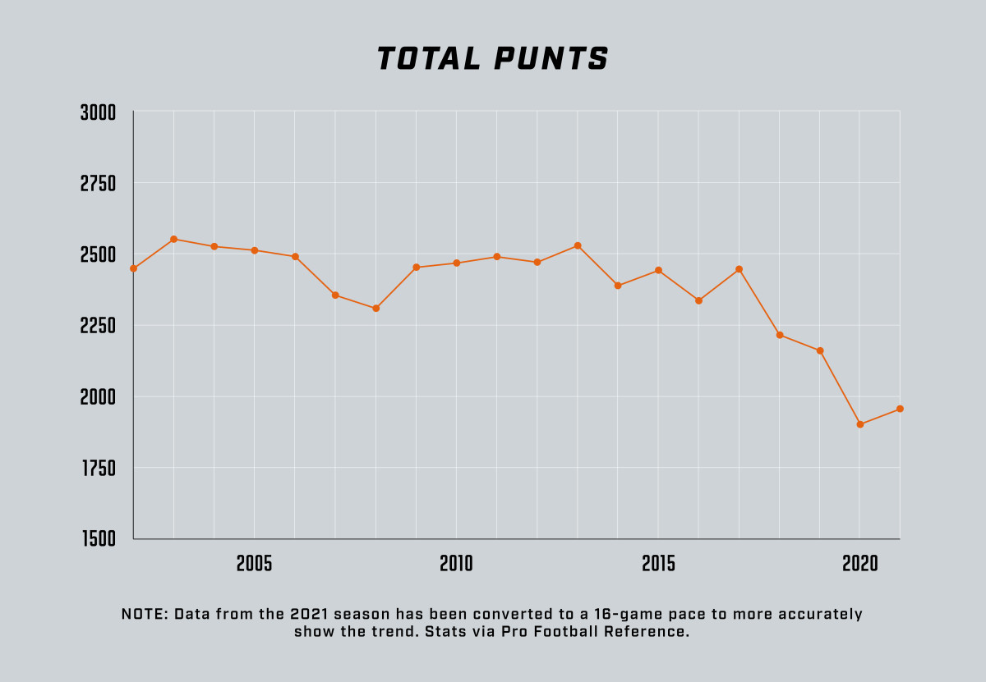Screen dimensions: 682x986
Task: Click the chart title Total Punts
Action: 492,59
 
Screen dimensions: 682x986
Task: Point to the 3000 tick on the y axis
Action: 98,112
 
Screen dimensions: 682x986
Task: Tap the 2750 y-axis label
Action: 98,184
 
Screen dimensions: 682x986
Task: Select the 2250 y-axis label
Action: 98,326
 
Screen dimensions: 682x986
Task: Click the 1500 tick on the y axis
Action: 98,539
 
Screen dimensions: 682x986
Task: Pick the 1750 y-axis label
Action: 98,469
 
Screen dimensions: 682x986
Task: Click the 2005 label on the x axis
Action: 254,564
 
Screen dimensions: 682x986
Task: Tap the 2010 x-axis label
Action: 456,564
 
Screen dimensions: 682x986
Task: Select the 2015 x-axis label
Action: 658,564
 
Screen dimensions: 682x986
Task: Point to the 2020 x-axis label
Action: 859,564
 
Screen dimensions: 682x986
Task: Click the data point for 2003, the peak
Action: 174,239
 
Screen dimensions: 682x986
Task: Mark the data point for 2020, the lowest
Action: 860,424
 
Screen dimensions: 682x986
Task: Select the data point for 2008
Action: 376,309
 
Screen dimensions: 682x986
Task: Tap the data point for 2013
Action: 578,245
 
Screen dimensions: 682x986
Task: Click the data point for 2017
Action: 739,269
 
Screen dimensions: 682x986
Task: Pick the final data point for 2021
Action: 900,409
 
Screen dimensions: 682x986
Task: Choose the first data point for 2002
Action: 134,268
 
